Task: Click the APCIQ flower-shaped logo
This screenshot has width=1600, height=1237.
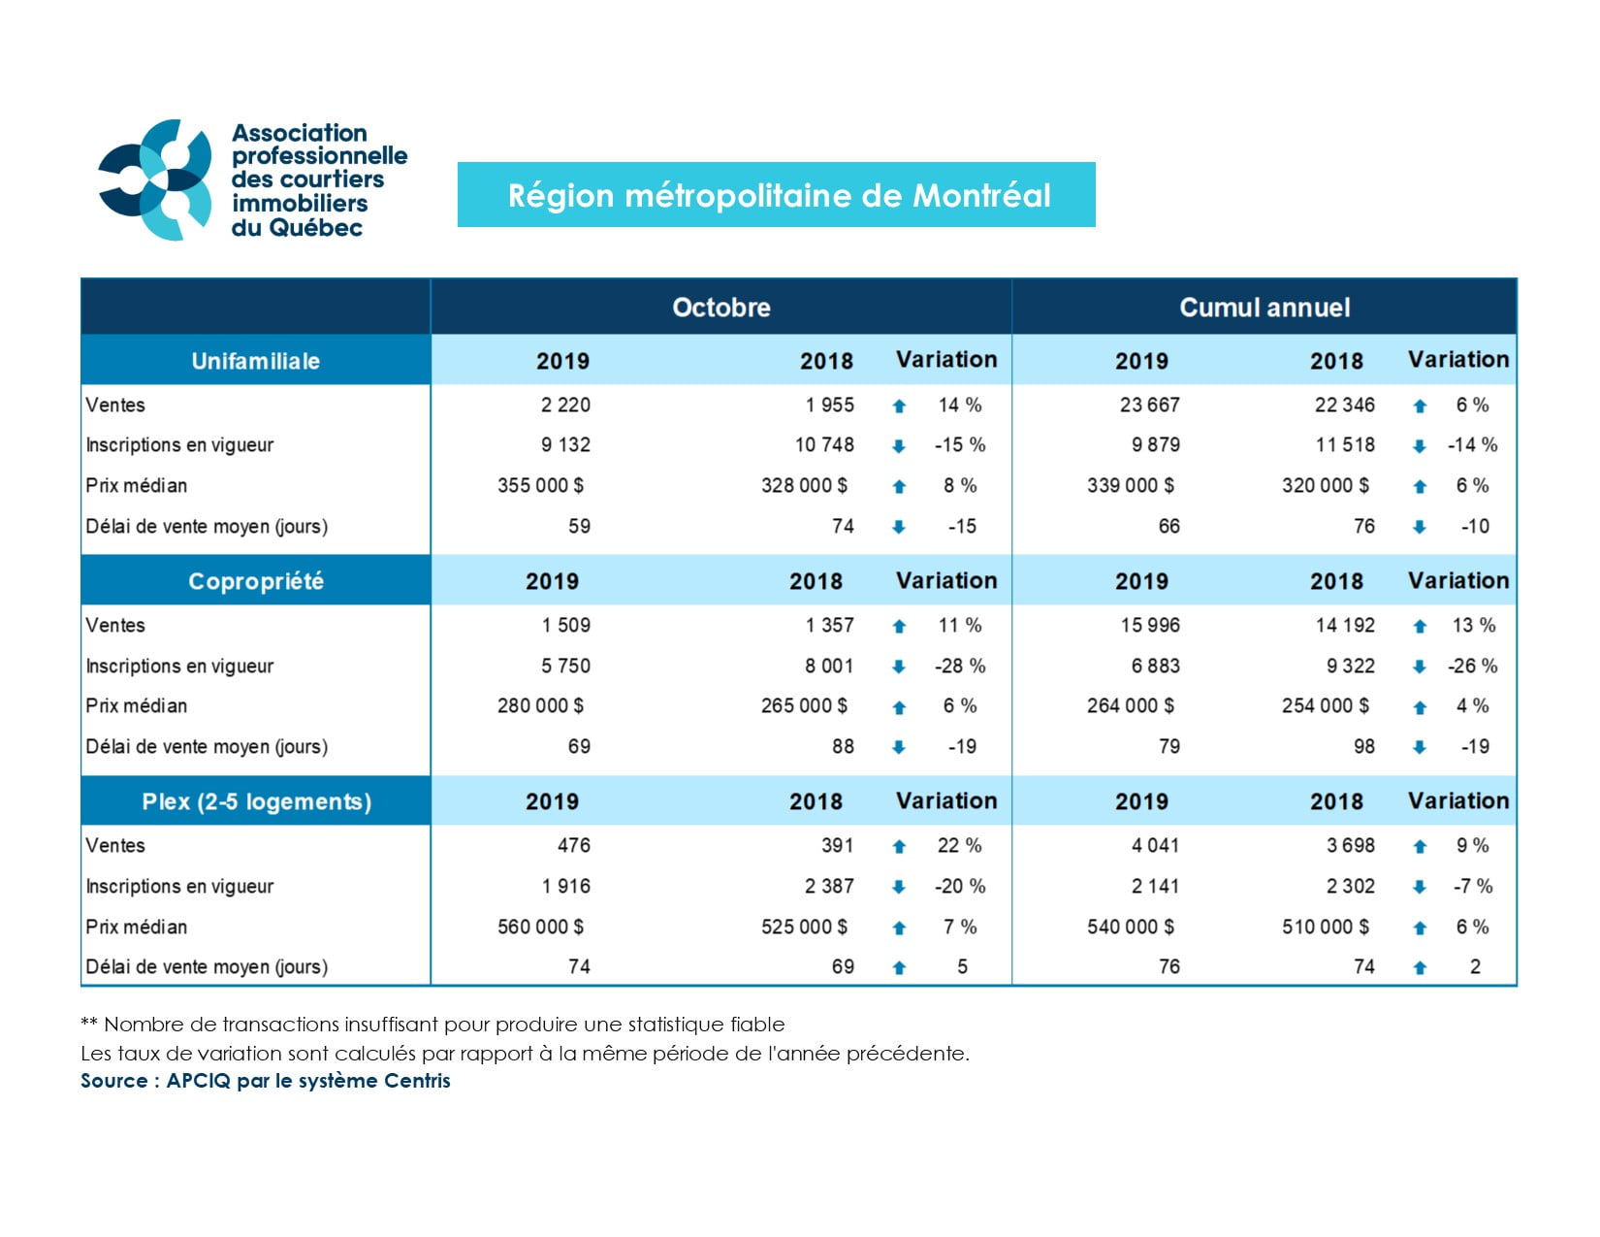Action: pyautogui.click(x=155, y=179)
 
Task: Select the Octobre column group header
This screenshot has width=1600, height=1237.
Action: pyautogui.click(x=721, y=308)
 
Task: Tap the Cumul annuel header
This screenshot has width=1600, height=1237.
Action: pyautogui.click(x=1264, y=308)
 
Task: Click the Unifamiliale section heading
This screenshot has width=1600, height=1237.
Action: pyautogui.click(x=256, y=361)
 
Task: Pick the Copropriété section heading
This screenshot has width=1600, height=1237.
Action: pyautogui.click(x=256, y=581)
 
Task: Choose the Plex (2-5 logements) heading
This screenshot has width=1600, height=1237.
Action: pyautogui.click(x=256, y=801)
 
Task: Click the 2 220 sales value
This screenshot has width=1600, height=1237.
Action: pyautogui.click(x=565, y=405)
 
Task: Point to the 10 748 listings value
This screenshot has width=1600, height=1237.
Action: pyautogui.click(x=824, y=445)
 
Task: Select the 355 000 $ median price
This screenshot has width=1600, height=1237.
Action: pyautogui.click(x=540, y=485)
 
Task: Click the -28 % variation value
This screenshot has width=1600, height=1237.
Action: pyautogui.click(x=960, y=667)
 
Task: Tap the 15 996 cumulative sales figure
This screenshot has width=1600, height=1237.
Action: pyautogui.click(x=1150, y=626)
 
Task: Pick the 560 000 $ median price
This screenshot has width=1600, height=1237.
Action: pyautogui.click(x=540, y=927)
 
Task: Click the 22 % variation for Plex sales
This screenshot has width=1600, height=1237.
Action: pyautogui.click(x=959, y=846)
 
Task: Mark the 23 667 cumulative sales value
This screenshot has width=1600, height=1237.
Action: pyautogui.click(x=1149, y=405)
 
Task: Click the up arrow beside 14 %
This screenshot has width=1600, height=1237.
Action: pyautogui.click(x=899, y=407)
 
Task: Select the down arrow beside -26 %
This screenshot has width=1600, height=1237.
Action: pyautogui.click(x=1420, y=667)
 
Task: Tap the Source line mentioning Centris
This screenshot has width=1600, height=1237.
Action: pyautogui.click(x=266, y=1081)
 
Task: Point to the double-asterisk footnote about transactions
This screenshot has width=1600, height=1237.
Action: pyautogui.click(x=432, y=1025)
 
